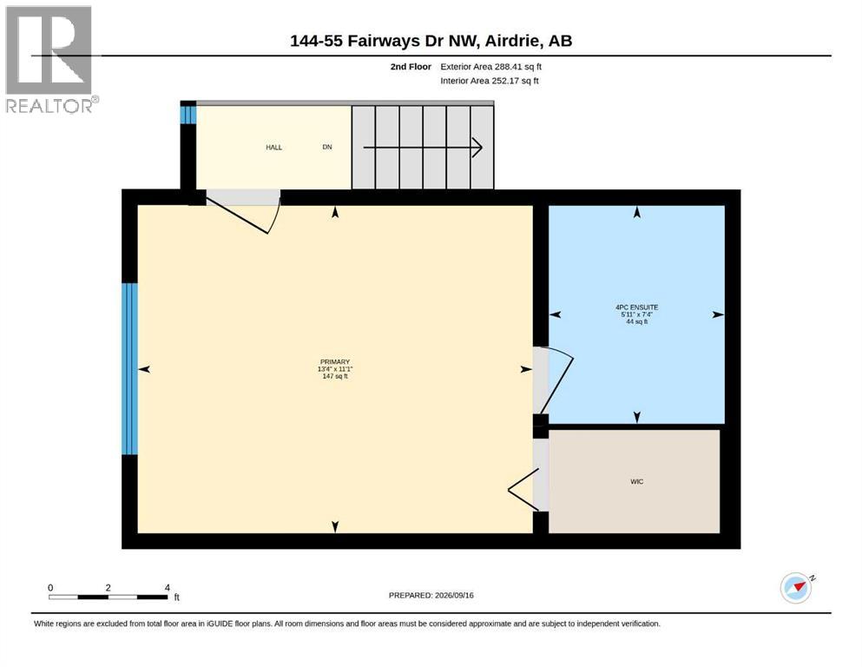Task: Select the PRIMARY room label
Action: tap(335, 362)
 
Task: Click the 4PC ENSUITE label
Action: tap(636, 307)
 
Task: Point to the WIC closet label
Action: tap(636, 482)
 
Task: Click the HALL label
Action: tap(273, 148)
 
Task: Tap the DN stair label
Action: tap(327, 148)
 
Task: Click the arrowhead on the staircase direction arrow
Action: tap(477, 148)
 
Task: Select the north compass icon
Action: tap(797, 587)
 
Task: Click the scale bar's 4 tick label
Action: tap(168, 587)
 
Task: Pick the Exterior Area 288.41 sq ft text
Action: tap(491, 67)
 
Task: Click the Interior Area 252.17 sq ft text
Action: tap(490, 81)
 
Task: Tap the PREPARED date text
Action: tap(431, 595)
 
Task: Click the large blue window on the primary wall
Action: tap(129, 369)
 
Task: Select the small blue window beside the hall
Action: tap(188, 115)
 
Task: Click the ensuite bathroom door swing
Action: tap(555, 380)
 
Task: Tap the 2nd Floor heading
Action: tap(411, 67)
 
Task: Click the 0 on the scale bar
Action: tap(50, 587)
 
